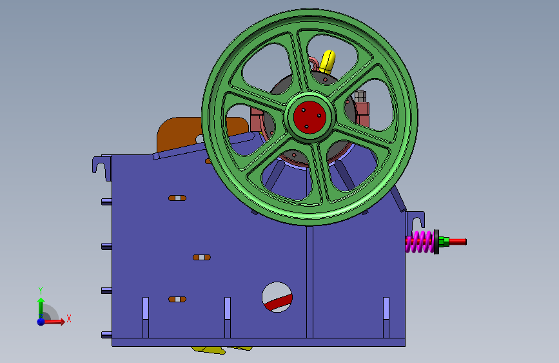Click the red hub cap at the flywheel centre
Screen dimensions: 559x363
309,117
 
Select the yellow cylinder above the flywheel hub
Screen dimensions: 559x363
328,61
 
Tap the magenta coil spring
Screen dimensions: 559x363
420,242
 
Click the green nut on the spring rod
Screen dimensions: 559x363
444,242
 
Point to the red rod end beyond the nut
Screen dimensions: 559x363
458,242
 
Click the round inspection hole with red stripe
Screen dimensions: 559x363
277,297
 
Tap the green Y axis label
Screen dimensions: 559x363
41,291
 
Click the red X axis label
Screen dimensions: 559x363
69,318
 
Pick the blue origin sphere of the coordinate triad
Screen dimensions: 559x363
41,322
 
